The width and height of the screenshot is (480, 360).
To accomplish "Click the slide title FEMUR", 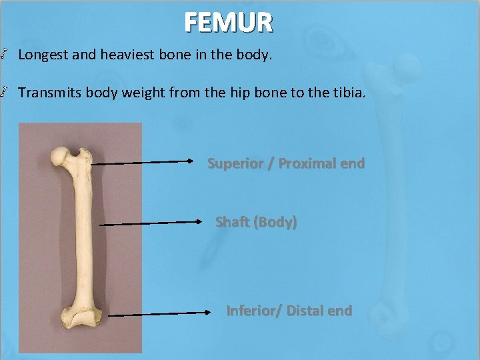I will (x=229, y=23).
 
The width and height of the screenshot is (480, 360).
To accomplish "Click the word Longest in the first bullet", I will (x=43, y=55).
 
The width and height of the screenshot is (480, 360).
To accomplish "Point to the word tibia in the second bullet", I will (x=347, y=93).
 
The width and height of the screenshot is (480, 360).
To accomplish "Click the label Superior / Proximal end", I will (x=286, y=163).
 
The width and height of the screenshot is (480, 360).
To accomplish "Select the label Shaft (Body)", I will (x=256, y=222).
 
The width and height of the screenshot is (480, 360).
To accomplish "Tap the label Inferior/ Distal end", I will (x=289, y=311).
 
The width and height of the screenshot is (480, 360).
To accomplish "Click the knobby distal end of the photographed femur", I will (x=79, y=318).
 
